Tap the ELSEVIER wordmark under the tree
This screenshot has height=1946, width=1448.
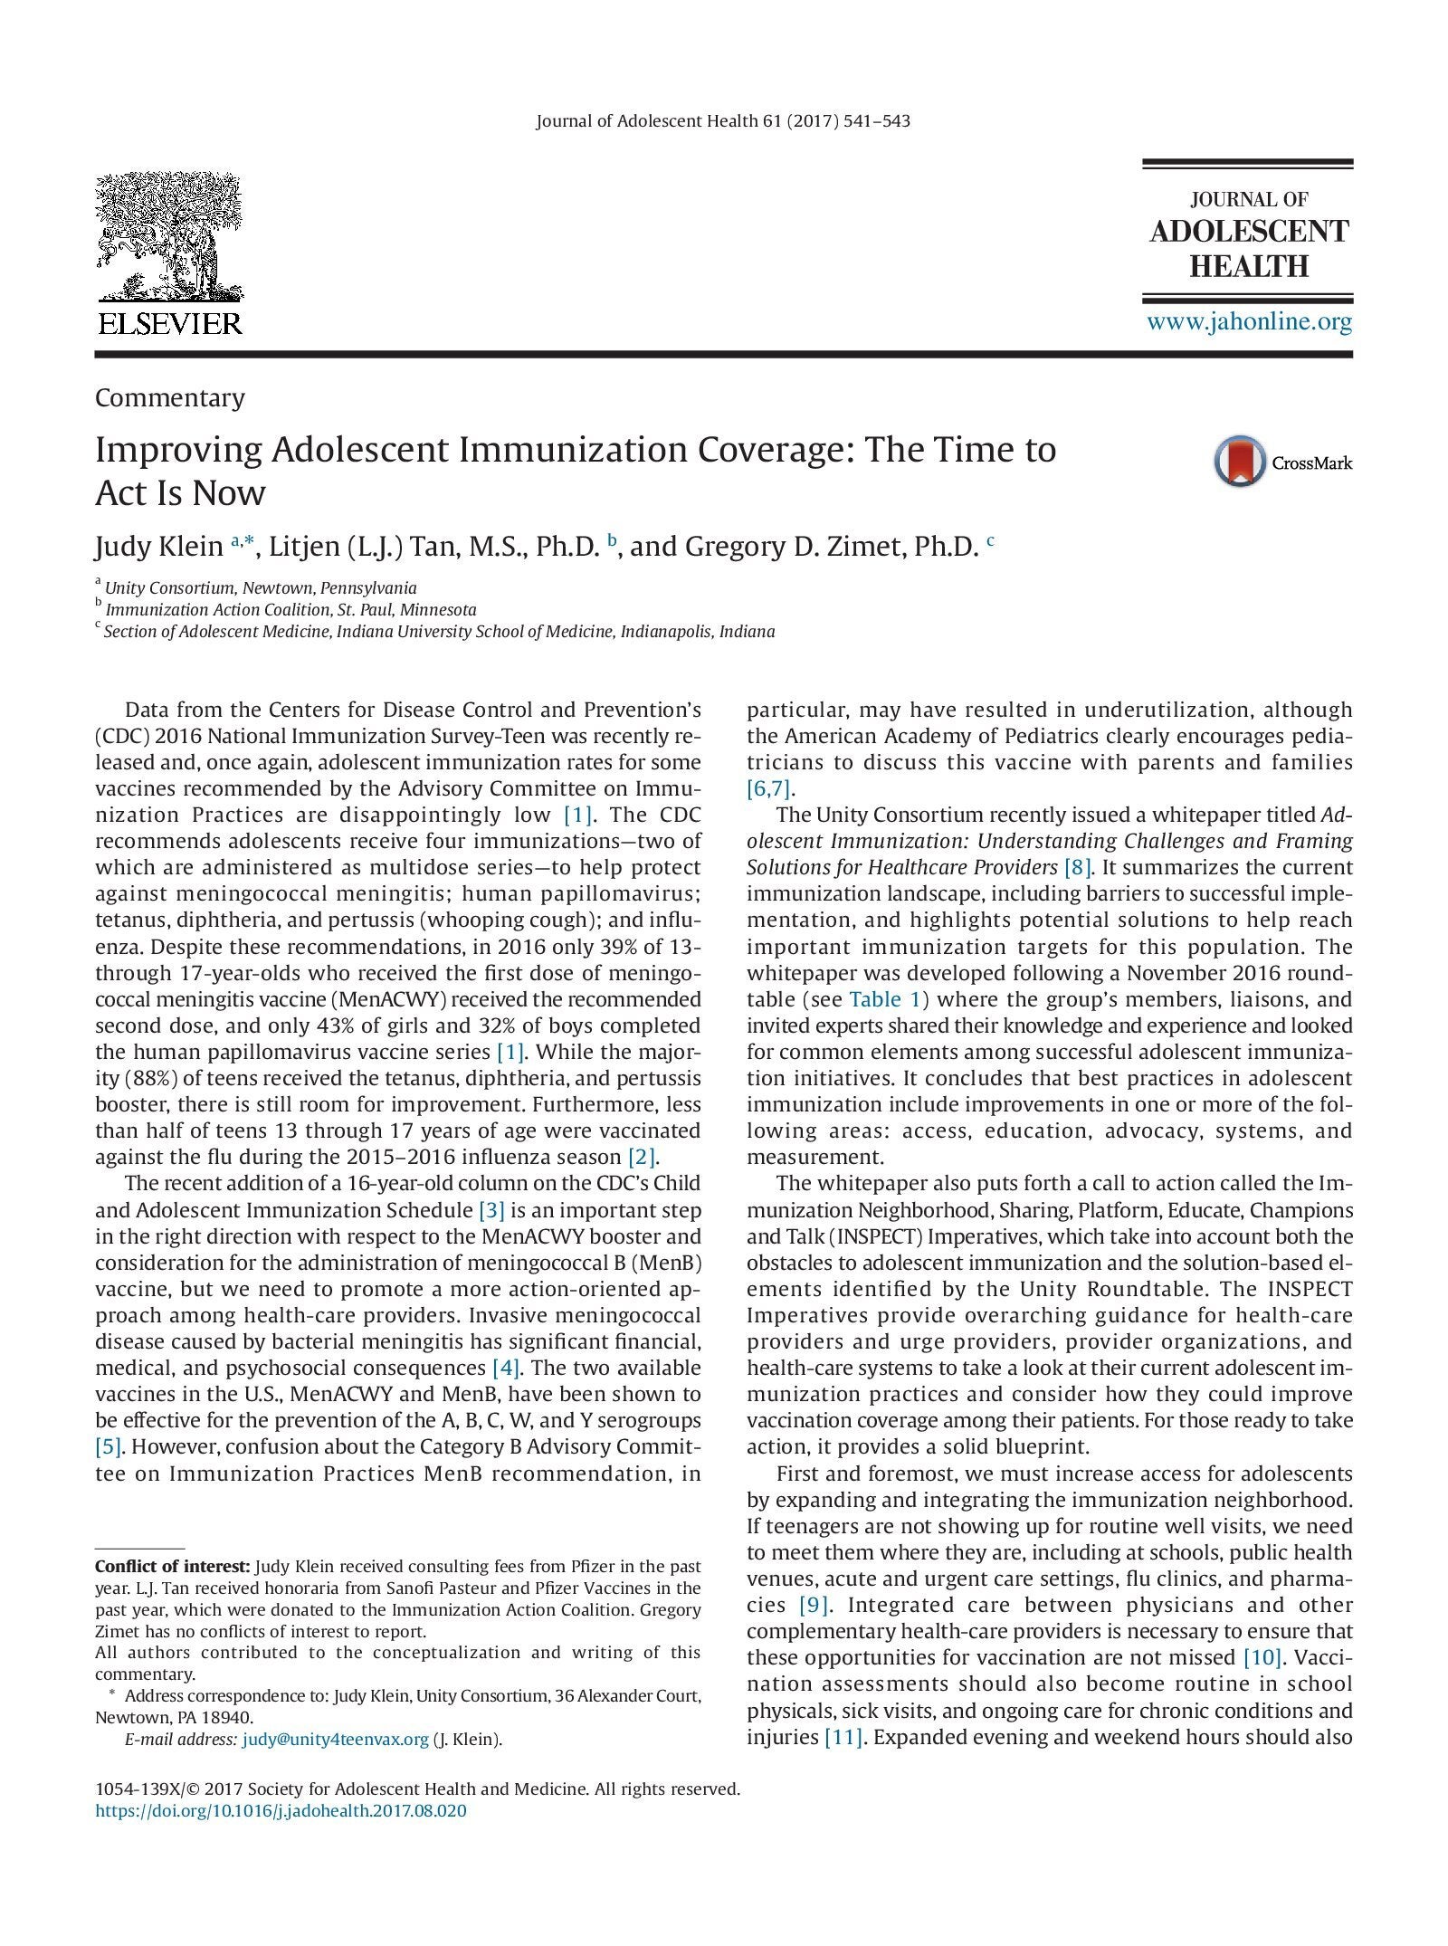[169, 323]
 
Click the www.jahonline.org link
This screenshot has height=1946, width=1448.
[1250, 321]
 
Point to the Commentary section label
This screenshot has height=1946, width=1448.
[170, 398]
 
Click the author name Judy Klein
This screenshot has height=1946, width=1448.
[158, 547]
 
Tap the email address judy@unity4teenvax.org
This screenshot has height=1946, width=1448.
[335, 1739]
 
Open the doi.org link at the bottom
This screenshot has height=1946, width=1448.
[281, 1811]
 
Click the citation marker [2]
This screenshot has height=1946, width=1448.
[643, 1157]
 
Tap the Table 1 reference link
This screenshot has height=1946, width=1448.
[875, 999]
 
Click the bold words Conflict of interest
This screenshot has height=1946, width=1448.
[173, 1566]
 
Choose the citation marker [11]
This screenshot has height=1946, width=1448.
[843, 1737]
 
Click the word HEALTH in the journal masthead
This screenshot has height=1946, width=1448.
[1249, 267]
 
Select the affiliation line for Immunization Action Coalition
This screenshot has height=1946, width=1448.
[290, 609]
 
